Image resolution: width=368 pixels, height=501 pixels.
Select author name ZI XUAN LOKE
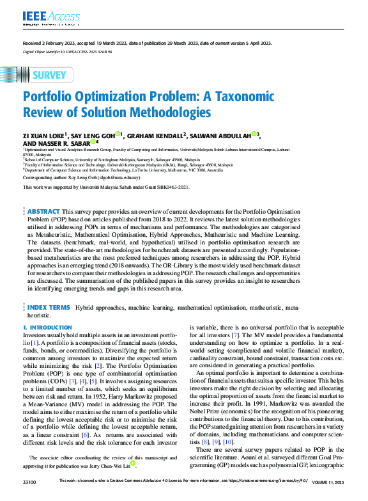pos(43,136)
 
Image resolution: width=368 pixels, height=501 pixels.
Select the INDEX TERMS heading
pos(49,308)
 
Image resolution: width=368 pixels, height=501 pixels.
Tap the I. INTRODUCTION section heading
pos(48,328)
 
